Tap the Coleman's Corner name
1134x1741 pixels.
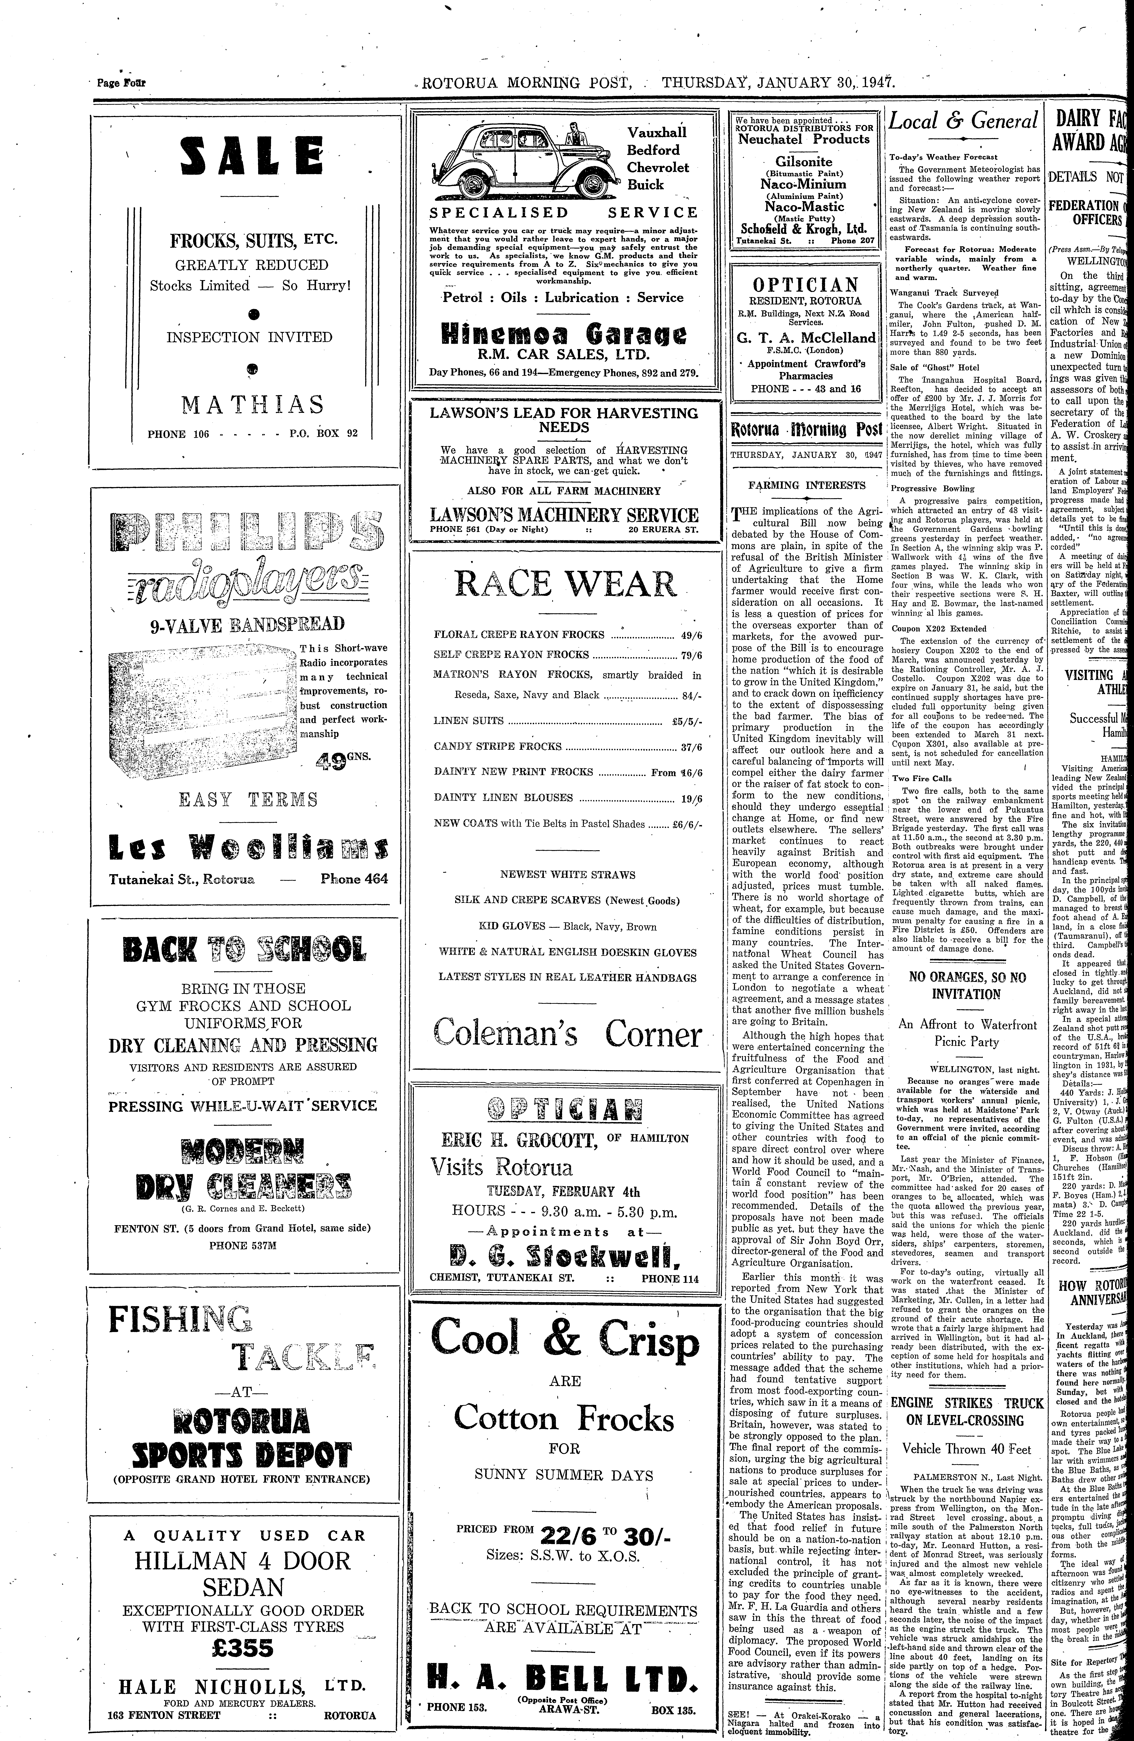567,1034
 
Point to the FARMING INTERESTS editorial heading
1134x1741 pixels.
797,485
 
